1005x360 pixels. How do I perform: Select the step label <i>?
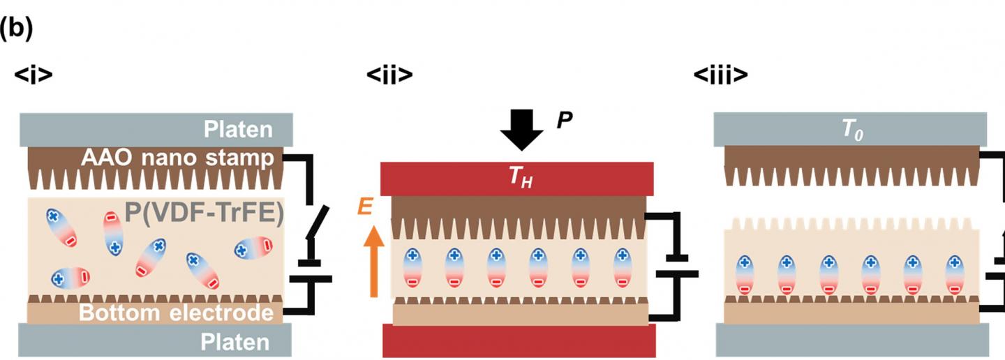pyautogui.click(x=33, y=75)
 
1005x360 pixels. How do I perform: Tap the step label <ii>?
pyautogui.click(x=389, y=75)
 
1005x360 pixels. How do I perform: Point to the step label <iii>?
pyautogui.click(x=721, y=75)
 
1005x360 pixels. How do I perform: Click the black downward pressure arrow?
pyautogui.click(x=521, y=130)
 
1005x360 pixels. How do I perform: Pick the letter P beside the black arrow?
pyautogui.click(x=565, y=121)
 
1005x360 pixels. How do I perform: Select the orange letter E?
pyautogui.click(x=365, y=207)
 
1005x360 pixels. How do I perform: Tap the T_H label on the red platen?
pyautogui.click(x=517, y=179)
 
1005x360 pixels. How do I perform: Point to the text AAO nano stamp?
pyautogui.click(x=177, y=158)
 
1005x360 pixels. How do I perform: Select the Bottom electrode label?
pyautogui.click(x=176, y=313)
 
